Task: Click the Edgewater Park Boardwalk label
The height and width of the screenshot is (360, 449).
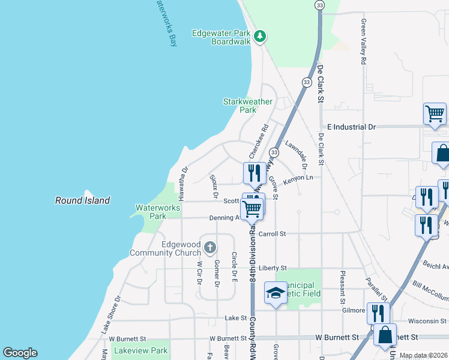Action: tap(221, 37)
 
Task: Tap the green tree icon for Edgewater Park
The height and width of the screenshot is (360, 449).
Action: tap(260, 37)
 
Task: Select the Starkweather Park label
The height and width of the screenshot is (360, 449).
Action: tap(247, 106)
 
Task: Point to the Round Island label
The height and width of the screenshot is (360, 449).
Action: tap(83, 200)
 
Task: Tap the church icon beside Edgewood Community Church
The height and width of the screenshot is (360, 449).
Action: tap(210, 247)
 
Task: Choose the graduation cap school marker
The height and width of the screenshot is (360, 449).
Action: tap(276, 293)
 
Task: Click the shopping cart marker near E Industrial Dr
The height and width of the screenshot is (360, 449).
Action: tap(435, 113)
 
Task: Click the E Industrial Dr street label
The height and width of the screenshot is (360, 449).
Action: tap(351, 127)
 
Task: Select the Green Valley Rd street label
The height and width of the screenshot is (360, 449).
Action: tap(364, 41)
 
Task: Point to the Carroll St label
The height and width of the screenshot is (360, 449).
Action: tap(273, 233)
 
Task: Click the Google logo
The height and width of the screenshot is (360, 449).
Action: tap(20, 353)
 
